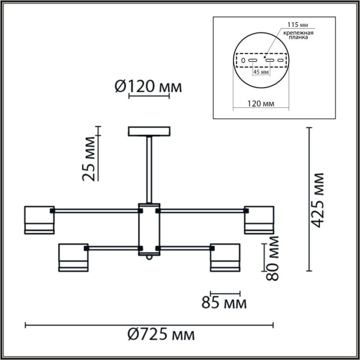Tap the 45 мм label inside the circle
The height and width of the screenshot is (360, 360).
(x=261, y=72)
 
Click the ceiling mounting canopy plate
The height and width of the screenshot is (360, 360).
(x=149, y=131)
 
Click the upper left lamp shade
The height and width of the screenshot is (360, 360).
(x=39, y=220)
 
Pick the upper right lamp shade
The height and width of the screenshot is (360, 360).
(x=259, y=220)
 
